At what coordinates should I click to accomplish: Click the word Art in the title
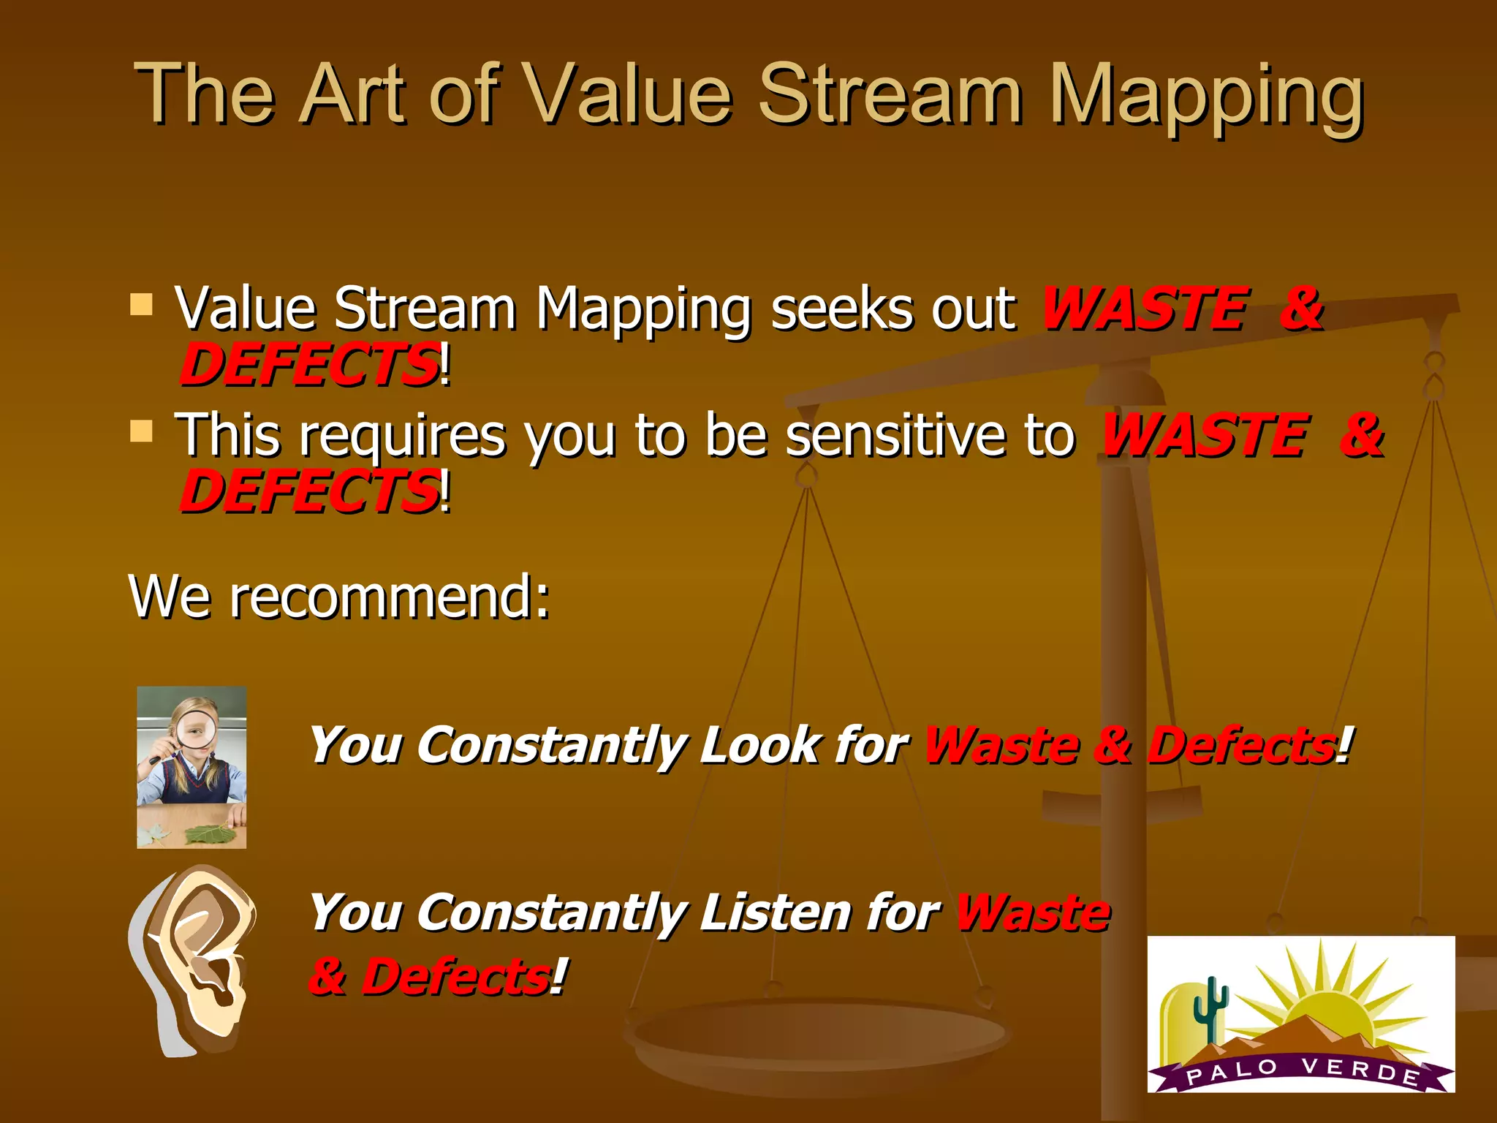(355, 95)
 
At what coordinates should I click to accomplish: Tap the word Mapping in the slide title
(1206, 99)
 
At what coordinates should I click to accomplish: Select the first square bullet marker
(141, 303)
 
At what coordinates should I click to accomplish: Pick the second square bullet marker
(141, 431)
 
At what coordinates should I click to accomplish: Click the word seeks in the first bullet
(841, 309)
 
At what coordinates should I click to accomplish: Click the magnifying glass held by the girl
(196, 728)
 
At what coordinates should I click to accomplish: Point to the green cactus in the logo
(1210, 1009)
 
